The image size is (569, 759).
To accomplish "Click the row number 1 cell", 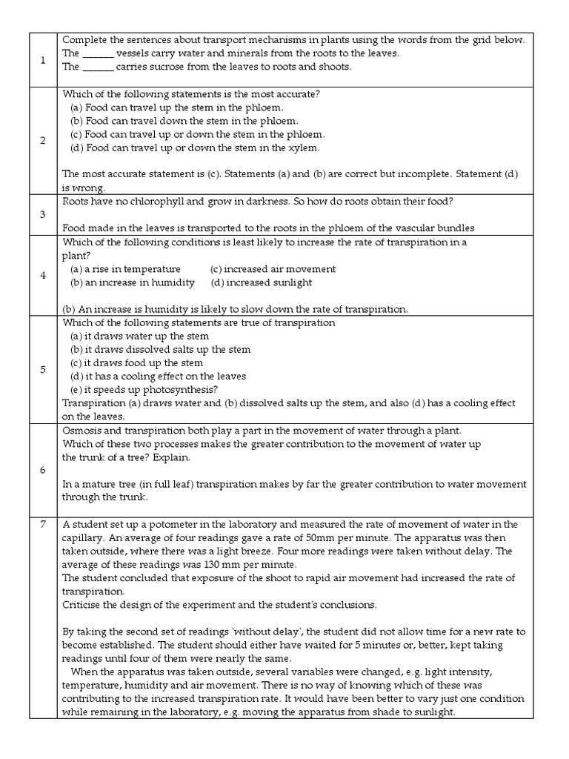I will pyautogui.click(x=42, y=59).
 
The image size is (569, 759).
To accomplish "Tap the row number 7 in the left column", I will pyautogui.click(x=42, y=525).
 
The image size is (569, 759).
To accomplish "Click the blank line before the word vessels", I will pyautogui.click(x=98, y=53).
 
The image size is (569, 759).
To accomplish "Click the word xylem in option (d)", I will pyautogui.click(x=306, y=148).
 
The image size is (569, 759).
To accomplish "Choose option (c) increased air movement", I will pyautogui.click(x=273, y=269).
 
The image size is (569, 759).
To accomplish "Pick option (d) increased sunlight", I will pyautogui.click(x=261, y=282).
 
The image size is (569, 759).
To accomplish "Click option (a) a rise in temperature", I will pyautogui.click(x=125, y=269).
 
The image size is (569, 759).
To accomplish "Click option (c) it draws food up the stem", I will pyautogui.click(x=136, y=363).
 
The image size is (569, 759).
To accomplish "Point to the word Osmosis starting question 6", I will pyautogui.click(x=83, y=431).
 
